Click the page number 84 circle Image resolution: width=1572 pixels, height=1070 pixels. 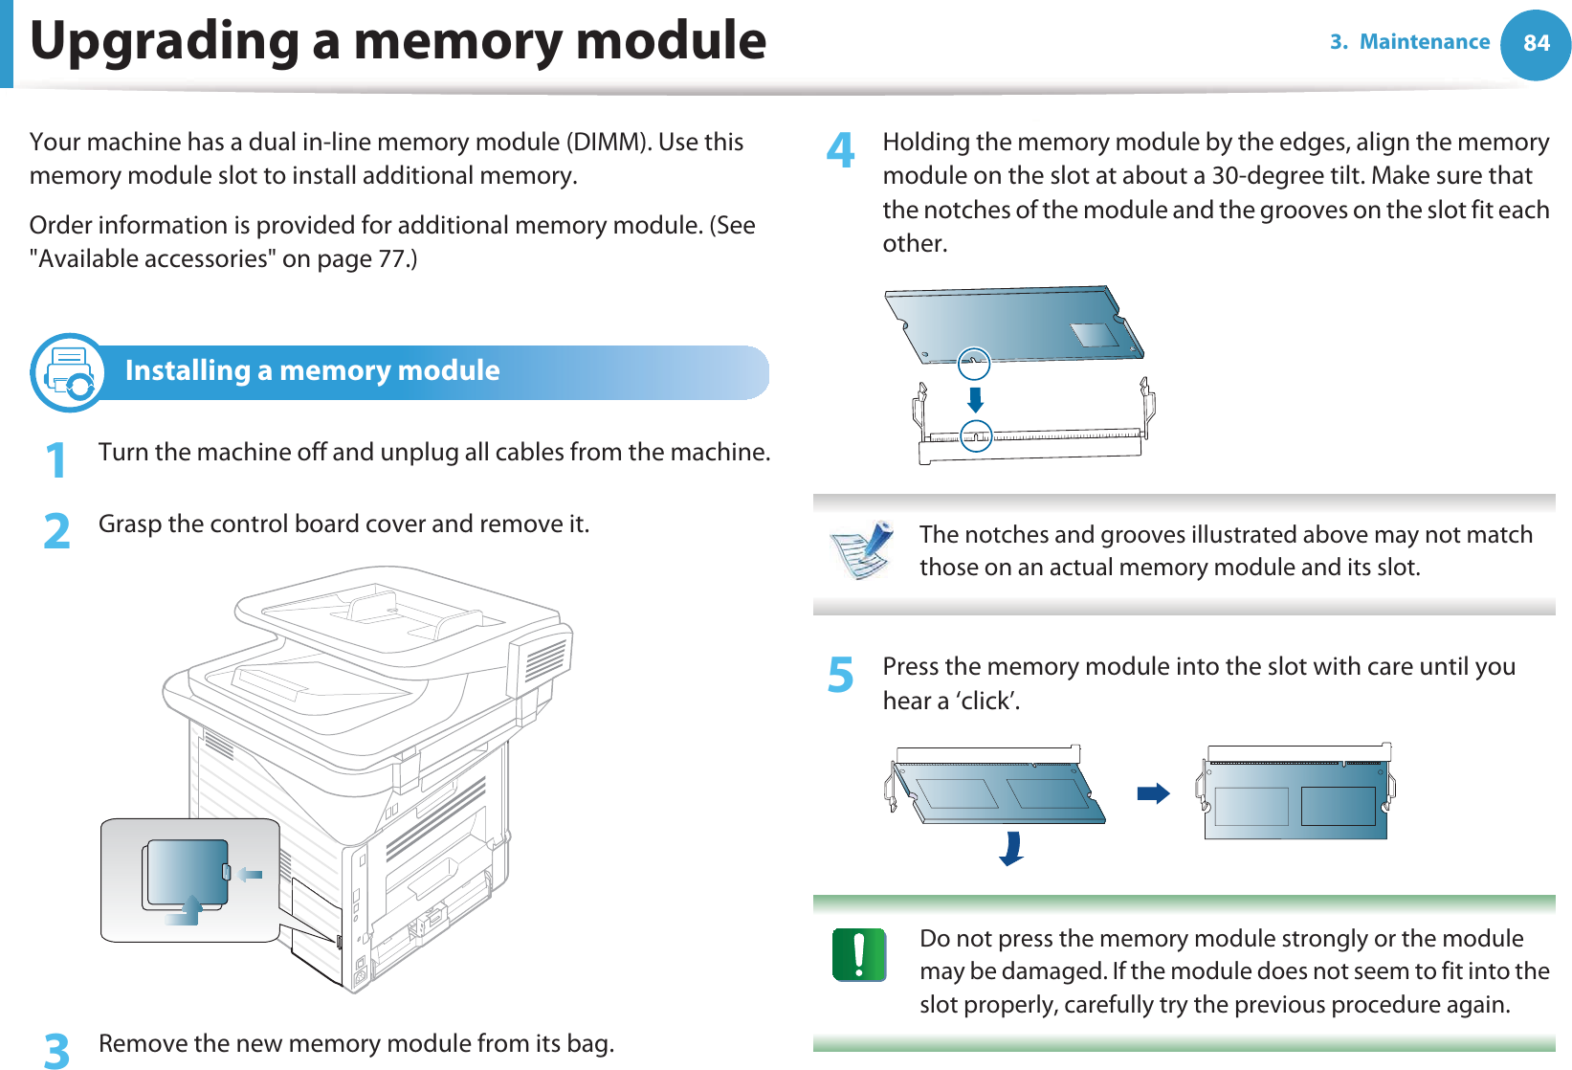1535,44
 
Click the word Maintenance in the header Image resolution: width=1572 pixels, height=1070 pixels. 1424,42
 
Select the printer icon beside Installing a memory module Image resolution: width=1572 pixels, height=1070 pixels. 68,372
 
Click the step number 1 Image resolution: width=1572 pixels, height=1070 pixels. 57,460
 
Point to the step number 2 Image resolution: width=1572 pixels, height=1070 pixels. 57,531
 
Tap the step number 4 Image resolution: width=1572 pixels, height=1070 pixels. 840,150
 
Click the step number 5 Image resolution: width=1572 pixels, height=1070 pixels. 840,675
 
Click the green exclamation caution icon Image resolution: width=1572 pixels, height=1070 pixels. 858,954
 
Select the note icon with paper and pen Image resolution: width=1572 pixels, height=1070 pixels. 862,550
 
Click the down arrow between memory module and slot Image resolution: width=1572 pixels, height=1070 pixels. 975,398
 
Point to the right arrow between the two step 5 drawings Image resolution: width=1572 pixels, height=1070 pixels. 1153,793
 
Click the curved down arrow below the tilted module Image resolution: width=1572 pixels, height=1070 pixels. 1011,849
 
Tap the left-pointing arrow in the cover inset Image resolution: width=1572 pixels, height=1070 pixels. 251,874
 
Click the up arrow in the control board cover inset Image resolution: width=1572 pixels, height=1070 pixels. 187,910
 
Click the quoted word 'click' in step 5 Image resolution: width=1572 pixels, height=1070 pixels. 985,702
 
